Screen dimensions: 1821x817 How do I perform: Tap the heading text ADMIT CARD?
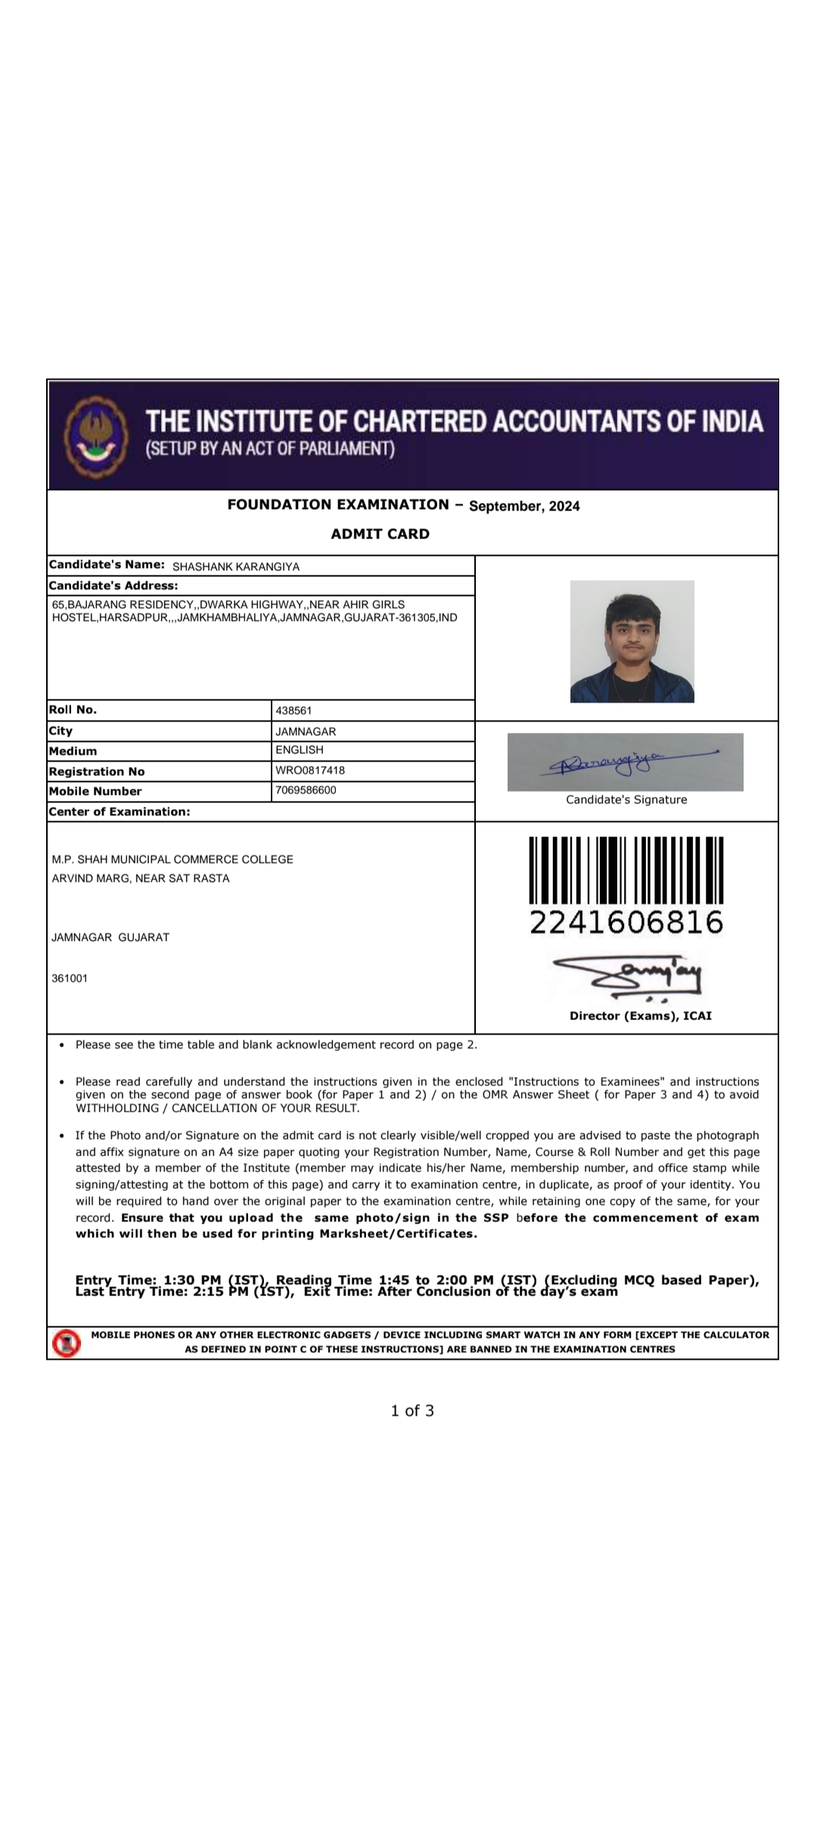pyautogui.click(x=380, y=534)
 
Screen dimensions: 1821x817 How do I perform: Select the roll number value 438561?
pyautogui.click(x=294, y=711)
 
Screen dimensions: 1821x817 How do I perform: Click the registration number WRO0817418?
pyautogui.click(x=310, y=771)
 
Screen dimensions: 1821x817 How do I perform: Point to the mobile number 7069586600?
pyautogui.click(x=306, y=790)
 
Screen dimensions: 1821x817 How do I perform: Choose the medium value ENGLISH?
pyautogui.click(x=300, y=750)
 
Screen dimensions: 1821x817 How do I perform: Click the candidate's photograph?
pyautogui.click(x=632, y=641)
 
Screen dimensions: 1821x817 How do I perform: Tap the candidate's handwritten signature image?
pyautogui.click(x=625, y=762)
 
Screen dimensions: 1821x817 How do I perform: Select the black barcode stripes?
pyautogui.click(x=626, y=870)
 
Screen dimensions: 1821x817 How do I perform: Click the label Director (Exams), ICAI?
pyautogui.click(x=641, y=1016)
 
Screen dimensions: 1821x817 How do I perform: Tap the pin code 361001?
pyautogui.click(x=70, y=979)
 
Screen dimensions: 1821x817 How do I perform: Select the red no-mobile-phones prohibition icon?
pyautogui.click(x=67, y=1343)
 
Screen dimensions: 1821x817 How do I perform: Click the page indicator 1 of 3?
pyautogui.click(x=412, y=1410)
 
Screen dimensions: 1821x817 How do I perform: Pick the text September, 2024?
pyautogui.click(x=524, y=506)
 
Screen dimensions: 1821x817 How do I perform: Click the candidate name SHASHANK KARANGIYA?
pyautogui.click(x=236, y=566)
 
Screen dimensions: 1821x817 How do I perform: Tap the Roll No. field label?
pyautogui.click(x=73, y=710)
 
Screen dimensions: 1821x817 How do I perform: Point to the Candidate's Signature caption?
pyautogui.click(x=626, y=800)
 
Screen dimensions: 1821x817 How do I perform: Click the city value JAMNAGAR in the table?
pyautogui.click(x=306, y=731)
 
